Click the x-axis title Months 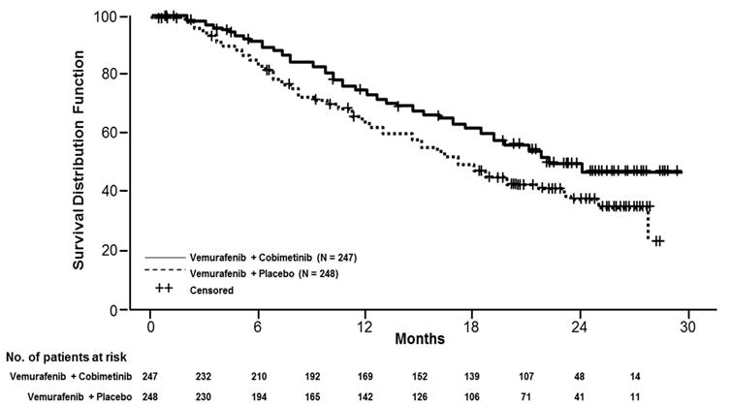point(420,340)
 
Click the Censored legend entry point(213,289)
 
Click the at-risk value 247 point(152,374)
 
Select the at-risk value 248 point(152,396)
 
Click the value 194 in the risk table point(261,396)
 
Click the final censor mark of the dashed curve point(659,240)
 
